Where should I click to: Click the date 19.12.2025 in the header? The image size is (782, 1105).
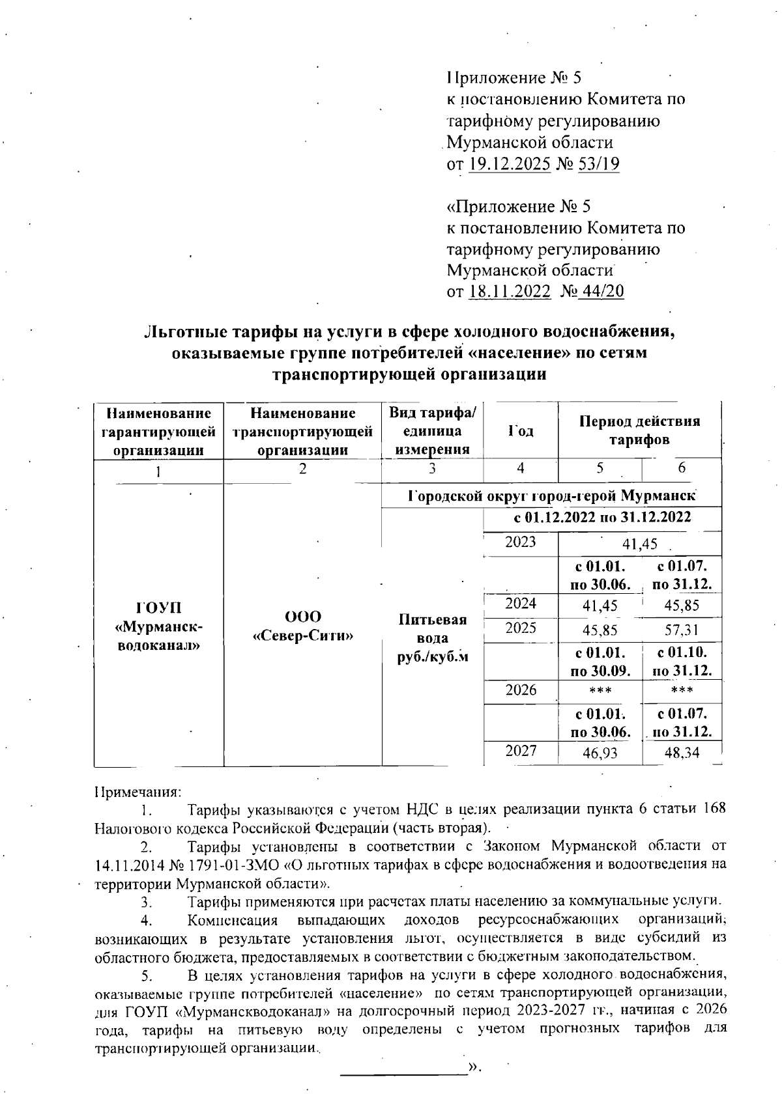(510, 164)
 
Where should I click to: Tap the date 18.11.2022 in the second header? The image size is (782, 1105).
(509, 291)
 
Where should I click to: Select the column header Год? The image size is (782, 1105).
(520, 431)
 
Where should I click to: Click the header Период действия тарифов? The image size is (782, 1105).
(639, 430)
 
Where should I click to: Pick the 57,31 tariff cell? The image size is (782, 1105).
(680, 630)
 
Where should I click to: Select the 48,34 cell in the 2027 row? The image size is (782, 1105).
(680, 753)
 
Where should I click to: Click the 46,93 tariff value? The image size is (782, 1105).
(600, 753)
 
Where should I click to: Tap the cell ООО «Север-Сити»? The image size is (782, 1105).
(302, 626)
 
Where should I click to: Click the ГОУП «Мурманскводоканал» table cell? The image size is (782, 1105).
(158, 626)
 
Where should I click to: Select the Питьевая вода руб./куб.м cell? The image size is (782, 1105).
(433, 638)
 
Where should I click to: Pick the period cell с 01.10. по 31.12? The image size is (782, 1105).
(680, 661)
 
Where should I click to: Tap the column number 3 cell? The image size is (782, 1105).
(433, 470)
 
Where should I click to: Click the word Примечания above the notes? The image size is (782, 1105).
(138, 792)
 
